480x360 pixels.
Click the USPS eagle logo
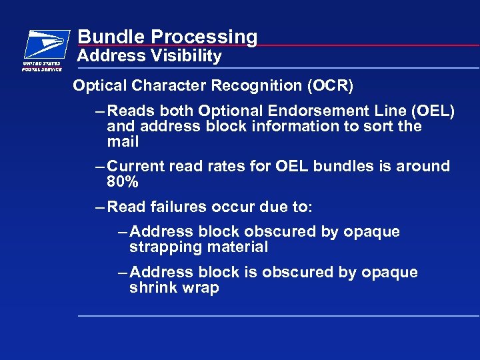pos(46,44)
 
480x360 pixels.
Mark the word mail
pos(123,142)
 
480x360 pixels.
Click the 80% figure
pos(123,181)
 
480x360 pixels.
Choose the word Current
pos(138,166)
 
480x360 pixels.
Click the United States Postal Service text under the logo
pos(42,66)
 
